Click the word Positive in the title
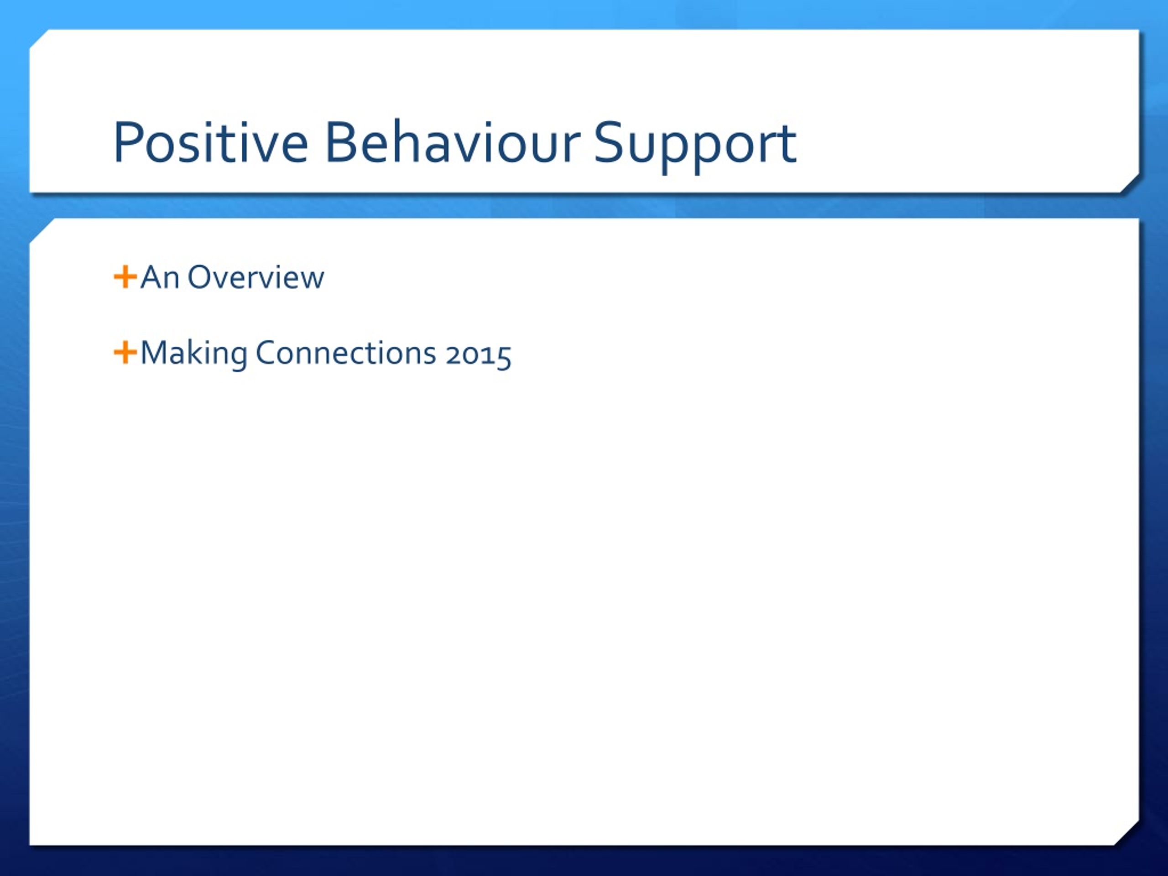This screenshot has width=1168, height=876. (211, 142)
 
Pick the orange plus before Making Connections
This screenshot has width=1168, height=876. (125, 353)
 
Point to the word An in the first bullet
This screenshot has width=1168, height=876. (160, 277)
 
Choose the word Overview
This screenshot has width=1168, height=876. (256, 277)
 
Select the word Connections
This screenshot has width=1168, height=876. (346, 353)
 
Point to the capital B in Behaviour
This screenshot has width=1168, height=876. (339, 141)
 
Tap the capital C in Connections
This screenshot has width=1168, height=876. (266, 353)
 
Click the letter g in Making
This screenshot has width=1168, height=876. (238, 359)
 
